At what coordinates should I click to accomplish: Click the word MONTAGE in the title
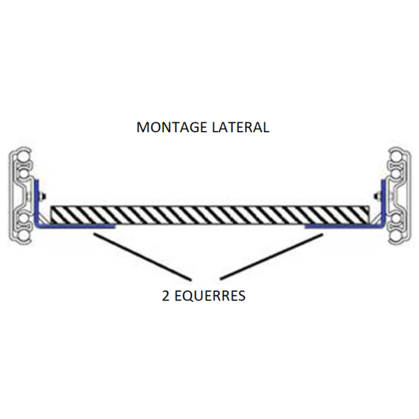tap(172, 127)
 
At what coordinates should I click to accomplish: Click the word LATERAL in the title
tap(240, 127)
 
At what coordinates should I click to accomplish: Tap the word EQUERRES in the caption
tap(210, 296)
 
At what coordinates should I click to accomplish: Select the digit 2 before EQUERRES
tap(166, 296)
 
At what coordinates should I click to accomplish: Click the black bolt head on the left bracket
tap(43, 196)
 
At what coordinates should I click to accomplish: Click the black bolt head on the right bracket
tap(377, 196)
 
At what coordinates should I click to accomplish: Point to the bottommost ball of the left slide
tap(23, 236)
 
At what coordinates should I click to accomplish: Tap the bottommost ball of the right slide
tap(397, 236)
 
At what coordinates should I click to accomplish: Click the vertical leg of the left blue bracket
tap(36, 203)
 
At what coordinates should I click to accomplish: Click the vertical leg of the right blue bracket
tap(383, 203)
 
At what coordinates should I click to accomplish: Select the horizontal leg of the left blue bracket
tap(75, 226)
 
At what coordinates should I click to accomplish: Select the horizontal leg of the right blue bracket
tap(345, 226)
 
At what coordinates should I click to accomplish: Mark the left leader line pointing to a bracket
tap(142, 257)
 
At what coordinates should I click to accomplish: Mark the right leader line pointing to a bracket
tap(271, 257)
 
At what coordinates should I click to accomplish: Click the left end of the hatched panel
tap(51, 215)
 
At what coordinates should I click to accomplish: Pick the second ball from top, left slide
tap(23, 174)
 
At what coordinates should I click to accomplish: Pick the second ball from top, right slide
tap(397, 174)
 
